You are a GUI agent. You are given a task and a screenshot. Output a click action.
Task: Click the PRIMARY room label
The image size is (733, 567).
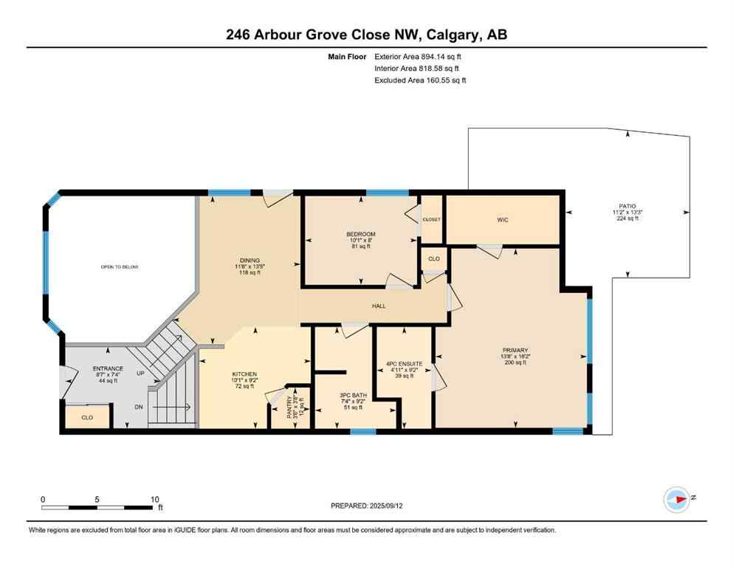click(514, 350)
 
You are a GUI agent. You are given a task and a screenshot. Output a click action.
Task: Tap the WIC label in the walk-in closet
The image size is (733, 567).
click(503, 219)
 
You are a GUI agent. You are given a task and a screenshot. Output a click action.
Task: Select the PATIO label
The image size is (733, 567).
click(627, 207)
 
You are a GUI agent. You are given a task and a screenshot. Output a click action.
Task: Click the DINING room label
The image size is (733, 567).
click(249, 260)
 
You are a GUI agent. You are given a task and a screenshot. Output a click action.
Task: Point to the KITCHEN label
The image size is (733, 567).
click(244, 374)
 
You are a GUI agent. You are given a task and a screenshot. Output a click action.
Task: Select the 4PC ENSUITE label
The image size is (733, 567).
click(405, 363)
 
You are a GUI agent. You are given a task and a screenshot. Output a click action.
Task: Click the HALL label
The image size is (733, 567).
click(378, 306)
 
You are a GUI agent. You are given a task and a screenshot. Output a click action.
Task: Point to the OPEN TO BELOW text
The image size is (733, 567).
click(120, 267)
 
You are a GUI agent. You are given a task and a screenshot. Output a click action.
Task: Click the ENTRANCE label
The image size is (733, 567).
click(107, 368)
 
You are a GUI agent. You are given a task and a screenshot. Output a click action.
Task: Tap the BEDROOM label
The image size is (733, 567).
click(362, 234)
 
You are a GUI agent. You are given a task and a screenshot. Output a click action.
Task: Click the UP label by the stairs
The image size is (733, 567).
click(140, 374)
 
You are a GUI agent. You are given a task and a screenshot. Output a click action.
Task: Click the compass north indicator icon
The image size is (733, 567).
click(676, 499)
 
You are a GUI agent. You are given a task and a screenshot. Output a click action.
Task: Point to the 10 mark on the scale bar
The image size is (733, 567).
click(155, 499)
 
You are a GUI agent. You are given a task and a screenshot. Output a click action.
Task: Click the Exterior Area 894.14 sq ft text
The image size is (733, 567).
click(419, 56)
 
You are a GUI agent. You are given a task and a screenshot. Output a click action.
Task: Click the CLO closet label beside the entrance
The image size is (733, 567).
click(87, 417)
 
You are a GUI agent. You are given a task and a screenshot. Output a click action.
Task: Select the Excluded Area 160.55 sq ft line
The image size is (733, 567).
click(420, 80)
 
